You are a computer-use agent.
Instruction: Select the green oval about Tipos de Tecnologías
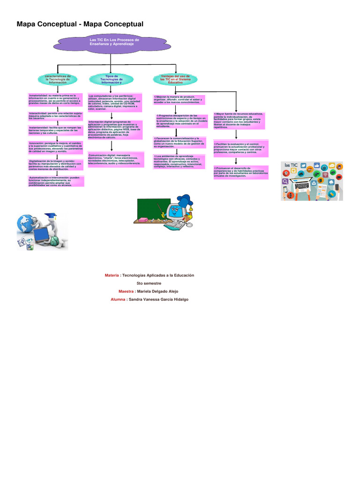(111, 80)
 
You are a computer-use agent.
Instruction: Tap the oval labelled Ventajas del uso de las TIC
(175, 79)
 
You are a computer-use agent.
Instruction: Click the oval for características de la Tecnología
(58, 80)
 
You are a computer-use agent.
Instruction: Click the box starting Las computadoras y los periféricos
(115, 103)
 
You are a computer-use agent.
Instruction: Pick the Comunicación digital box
(115, 160)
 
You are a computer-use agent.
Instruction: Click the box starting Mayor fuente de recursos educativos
(240, 120)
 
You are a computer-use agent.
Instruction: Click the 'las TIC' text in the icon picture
(291, 165)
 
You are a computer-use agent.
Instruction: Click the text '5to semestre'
(149, 283)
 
